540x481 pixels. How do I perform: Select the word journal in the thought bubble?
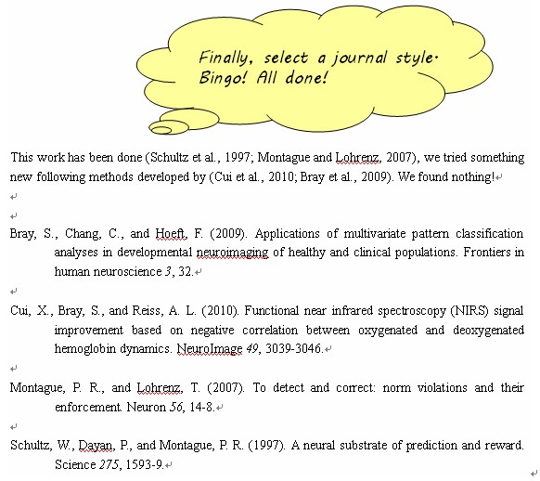click(x=359, y=58)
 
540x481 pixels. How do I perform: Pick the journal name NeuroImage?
click(x=210, y=349)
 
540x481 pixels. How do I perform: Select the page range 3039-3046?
click(x=294, y=349)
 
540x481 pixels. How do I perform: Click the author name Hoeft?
click(x=171, y=234)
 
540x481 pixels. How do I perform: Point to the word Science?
click(x=75, y=464)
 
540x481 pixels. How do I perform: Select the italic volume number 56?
click(x=175, y=408)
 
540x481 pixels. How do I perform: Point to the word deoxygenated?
click(x=488, y=330)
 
